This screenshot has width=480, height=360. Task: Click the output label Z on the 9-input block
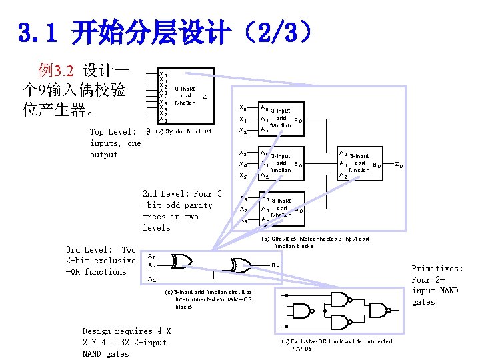[205, 96]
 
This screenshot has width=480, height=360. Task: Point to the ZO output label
[398, 164]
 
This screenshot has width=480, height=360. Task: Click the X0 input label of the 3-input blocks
[243, 108]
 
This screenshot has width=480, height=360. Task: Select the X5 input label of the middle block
[243, 175]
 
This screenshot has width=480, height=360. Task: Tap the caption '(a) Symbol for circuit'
[183, 131]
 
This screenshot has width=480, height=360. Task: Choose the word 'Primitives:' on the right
[437, 269]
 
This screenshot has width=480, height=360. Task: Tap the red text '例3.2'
[55, 70]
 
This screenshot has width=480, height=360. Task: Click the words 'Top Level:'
[110, 132]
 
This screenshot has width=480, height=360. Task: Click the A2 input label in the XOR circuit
[153, 279]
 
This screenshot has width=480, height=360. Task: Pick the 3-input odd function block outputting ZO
[361, 162]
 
